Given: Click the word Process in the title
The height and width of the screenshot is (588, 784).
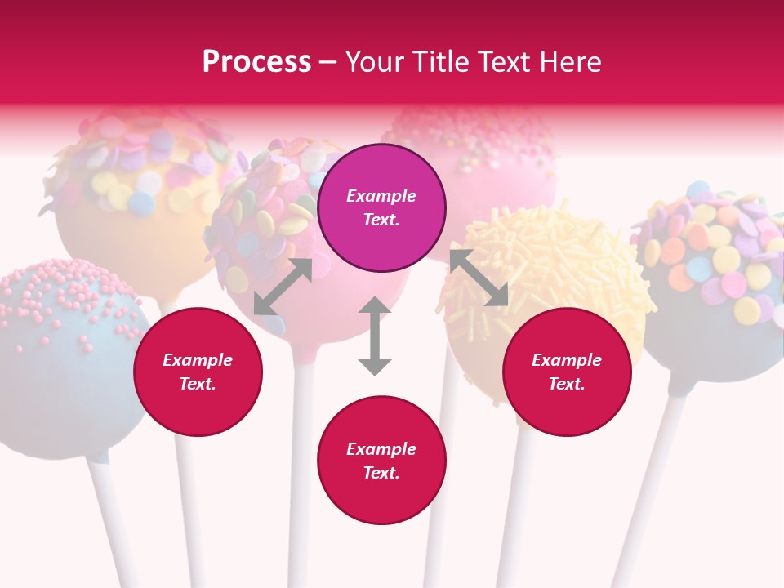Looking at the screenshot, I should (256, 62).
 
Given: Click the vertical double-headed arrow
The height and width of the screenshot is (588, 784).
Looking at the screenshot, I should (375, 336).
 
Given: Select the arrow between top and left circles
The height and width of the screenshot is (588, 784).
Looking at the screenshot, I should (283, 287).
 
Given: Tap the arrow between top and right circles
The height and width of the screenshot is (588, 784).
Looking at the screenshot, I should (479, 278).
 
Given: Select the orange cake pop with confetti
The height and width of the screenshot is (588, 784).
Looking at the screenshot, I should (131, 196).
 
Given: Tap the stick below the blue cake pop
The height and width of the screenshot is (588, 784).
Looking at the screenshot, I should (110, 523).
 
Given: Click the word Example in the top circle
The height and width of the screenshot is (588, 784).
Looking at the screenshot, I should (381, 196).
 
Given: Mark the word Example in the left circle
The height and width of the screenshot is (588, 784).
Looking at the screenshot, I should (198, 360).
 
